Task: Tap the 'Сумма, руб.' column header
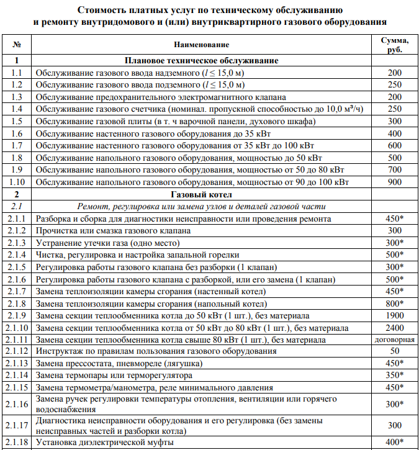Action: click(x=395, y=45)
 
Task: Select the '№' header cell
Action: click(x=17, y=45)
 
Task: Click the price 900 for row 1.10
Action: click(x=395, y=182)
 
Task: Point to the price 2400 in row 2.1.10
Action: click(x=395, y=328)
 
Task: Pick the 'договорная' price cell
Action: click(x=395, y=340)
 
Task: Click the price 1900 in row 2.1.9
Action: click(x=395, y=315)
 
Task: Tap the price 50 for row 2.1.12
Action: click(x=395, y=351)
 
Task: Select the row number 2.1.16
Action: click(x=17, y=404)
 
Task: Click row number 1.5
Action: click(x=17, y=122)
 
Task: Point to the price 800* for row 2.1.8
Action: click(x=395, y=304)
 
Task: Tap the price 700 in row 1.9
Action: click(x=395, y=170)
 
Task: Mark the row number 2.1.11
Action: click(x=17, y=340)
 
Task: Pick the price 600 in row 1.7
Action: click(x=395, y=146)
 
